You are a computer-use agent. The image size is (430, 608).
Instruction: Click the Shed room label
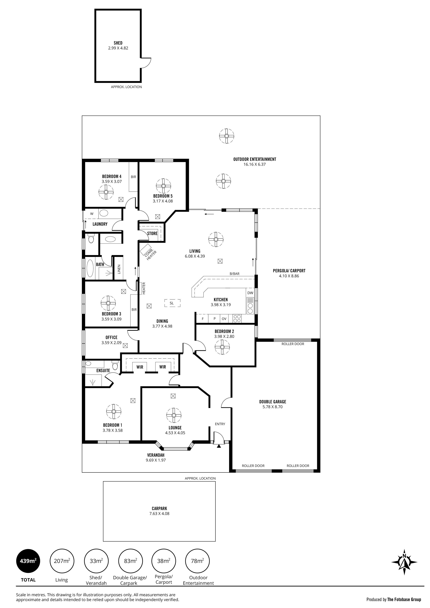pyautogui.click(x=118, y=43)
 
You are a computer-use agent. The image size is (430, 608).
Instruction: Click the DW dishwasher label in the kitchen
pyautogui.click(x=250, y=293)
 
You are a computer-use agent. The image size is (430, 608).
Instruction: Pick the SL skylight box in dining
pyautogui.click(x=172, y=303)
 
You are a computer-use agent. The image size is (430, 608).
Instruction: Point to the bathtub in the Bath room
pyautogui.click(x=90, y=268)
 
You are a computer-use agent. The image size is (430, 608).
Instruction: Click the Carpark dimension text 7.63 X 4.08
pyautogui.click(x=159, y=514)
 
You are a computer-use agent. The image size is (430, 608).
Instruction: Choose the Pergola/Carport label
pyautogui.click(x=289, y=271)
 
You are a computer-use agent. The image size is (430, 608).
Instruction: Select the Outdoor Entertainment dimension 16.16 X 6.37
pyautogui.click(x=254, y=164)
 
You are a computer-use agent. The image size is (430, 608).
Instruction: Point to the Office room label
pyautogui.click(x=111, y=337)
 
